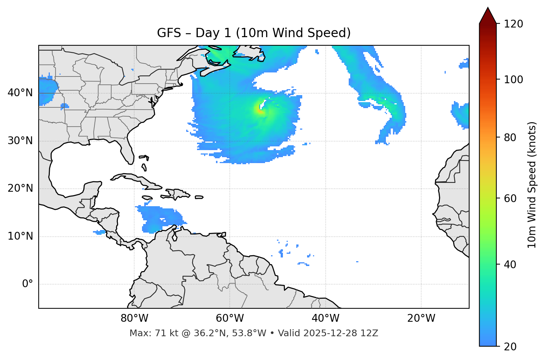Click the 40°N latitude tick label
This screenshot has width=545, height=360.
pos(20,93)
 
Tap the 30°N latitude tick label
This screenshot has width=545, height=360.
pos(20,141)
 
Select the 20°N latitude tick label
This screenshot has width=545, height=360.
pos(20,188)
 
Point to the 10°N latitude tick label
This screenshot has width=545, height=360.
pos(20,236)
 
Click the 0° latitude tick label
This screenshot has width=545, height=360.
pos(28,284)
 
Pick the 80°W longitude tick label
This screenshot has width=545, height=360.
pos(134,318)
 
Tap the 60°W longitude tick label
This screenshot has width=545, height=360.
pos(230,318)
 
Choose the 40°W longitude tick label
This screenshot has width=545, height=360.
pos(325,318)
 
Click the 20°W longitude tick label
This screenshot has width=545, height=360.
pos(421,318)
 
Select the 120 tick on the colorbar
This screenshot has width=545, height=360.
pos(513,24)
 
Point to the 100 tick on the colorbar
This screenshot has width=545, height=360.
pos(513,80)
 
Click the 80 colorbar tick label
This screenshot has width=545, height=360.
pos(510,137)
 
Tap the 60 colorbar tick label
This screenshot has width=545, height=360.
pos(510,198)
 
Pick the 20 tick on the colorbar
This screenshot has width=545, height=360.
pos(510,347)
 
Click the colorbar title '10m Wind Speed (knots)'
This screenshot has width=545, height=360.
pos(532,185)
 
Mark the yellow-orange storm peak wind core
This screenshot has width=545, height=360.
pos(259,109)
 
